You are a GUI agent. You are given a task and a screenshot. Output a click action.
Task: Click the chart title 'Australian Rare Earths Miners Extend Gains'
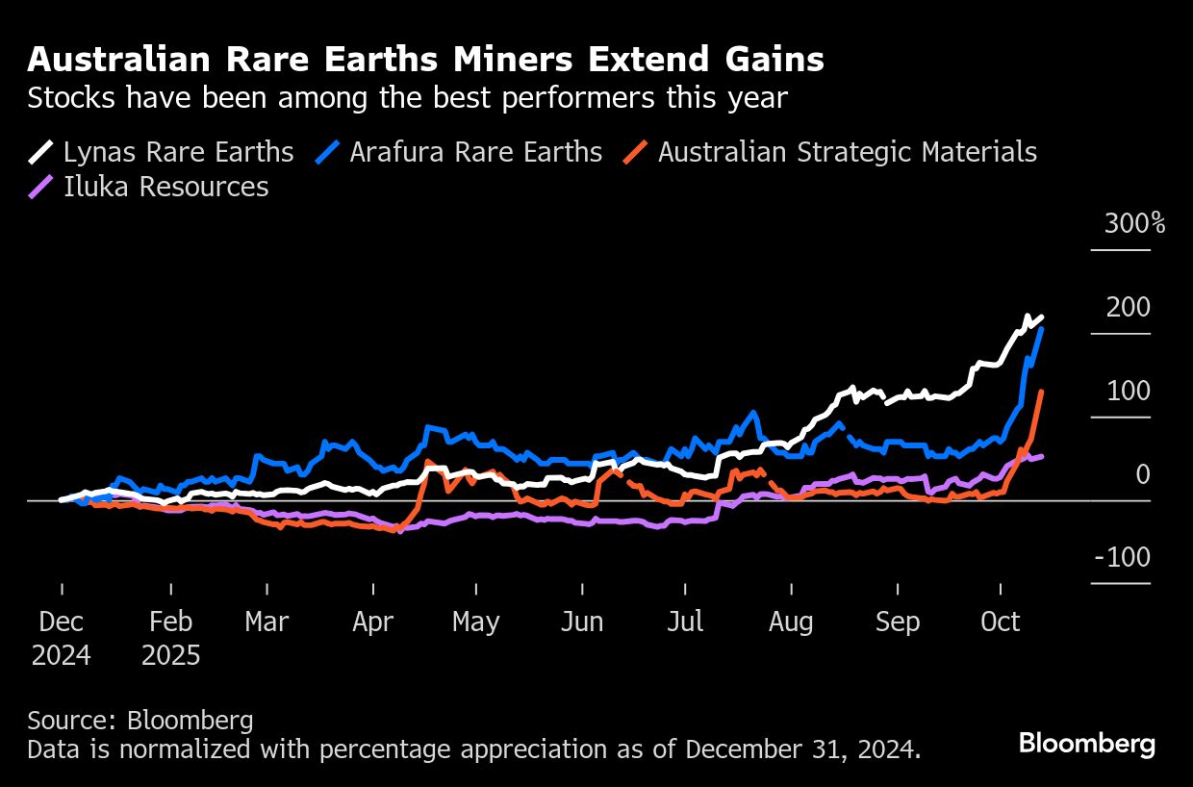coord(425,60)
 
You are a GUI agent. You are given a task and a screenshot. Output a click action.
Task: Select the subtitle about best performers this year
coord(408,98)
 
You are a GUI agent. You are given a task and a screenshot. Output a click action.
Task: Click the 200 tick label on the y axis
coord(1129,308)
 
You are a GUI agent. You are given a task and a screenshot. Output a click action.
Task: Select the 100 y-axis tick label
coord(1129,392)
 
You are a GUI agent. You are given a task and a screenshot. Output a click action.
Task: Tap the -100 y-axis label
coord(1123,558)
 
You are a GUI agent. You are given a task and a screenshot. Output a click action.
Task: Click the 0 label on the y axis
coord(1142,474)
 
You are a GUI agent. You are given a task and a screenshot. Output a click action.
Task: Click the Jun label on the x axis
coord(581,622)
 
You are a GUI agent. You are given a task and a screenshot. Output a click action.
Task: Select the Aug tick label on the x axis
coord(791,622)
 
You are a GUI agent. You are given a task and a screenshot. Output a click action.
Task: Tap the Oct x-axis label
coord(1001,622)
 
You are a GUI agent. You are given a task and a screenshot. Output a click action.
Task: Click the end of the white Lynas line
coord(1043,317)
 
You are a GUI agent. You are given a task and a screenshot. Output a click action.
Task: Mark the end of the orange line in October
coord(1043,392)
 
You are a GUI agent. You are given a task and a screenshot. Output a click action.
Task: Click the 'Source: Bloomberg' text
coord(140,720)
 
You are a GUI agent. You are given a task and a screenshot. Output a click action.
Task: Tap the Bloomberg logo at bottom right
coord(1087,744)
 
